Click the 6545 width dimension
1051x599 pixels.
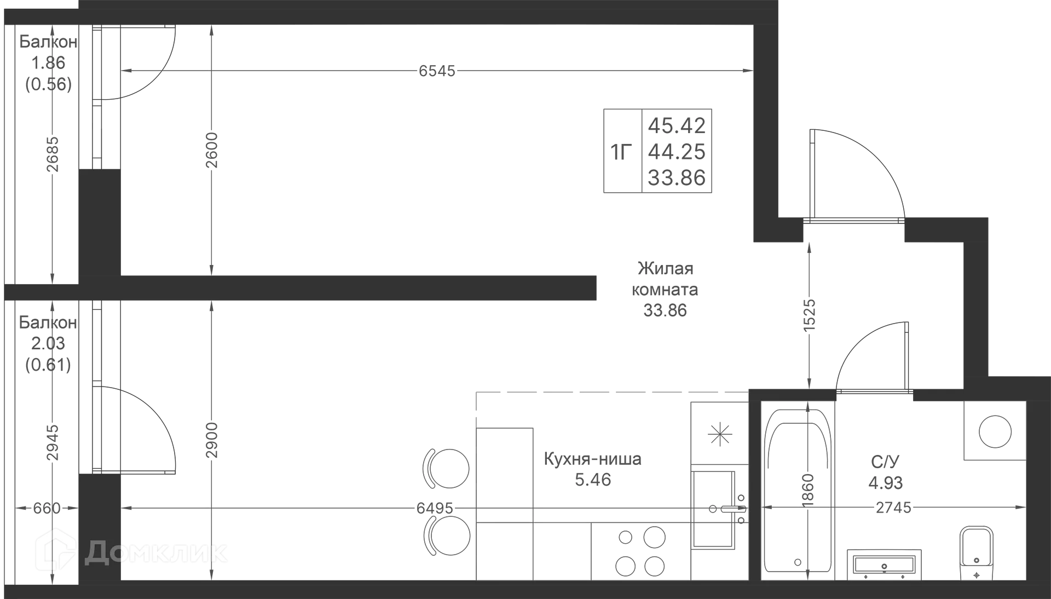[437, 71]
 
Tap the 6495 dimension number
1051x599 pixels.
[435, 508]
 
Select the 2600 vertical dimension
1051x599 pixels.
[212, 150]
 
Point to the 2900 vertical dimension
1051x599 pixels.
[212, 440]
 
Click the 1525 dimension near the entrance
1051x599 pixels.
[810, 314]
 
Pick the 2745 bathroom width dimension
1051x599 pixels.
[894, 508]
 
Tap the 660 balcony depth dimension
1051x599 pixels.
[47, 508]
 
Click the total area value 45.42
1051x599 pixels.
[677, 125]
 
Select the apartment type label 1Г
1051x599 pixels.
[622, 152]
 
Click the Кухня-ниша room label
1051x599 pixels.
[593, 459]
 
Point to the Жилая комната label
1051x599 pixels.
[665, 279]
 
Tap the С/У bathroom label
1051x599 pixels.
[885, 462]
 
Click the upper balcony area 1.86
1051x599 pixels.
[48, 63]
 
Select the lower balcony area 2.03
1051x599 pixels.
[48, 343]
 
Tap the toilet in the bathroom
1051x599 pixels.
[977, 554]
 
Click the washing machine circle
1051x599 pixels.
[995, 431]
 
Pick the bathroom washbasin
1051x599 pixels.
[884, 565]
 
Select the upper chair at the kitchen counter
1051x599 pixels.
[447, 469]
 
